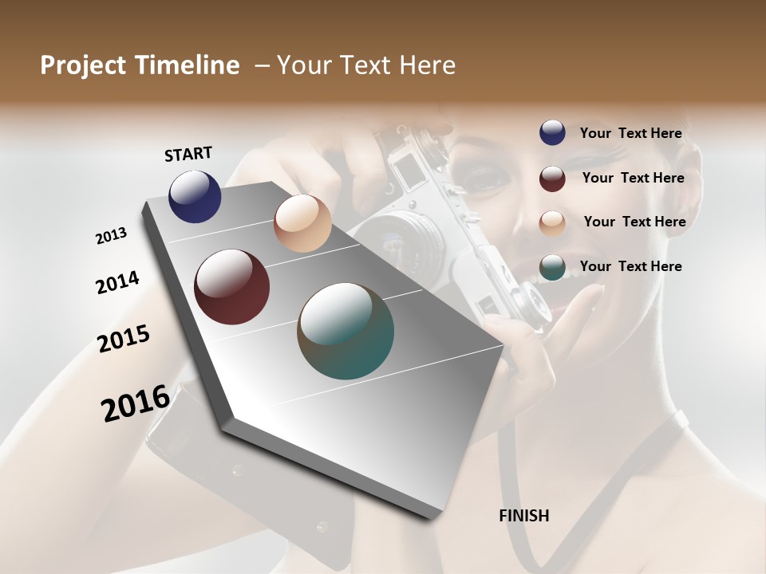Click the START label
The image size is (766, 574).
pyautogui.click(x=188, y=154)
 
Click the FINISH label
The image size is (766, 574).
pyautogui.click(x=524, y=516)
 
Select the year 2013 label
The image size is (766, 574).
pyautogui.click(x=111, y=236)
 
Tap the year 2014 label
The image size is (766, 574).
pyautogui.click(x=117, y=282)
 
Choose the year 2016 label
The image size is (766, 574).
pyautogui.click(x=136, y=403)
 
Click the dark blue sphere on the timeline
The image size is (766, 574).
pyautogui.click(x=195, y=196)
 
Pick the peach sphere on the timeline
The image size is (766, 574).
pyautogui.click(x=302, y=223)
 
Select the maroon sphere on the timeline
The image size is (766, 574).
pyautogui.click(x=231, y=287)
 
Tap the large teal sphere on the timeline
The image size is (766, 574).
pyautogui.click(x=345, y=331)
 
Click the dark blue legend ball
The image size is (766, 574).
pyautogui.click(x=552, y=133)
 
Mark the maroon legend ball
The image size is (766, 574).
pyautogui.click(x=552, y=179)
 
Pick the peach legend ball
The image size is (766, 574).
pyautogui.click(x=552, y=222)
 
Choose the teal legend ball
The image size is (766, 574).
pyautogui.click(x=552, y=267)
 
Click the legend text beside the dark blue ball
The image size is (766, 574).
pyautogui.click(x=630, y=133)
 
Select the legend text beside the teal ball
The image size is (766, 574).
pyautogui.click(x=630, y=266)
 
